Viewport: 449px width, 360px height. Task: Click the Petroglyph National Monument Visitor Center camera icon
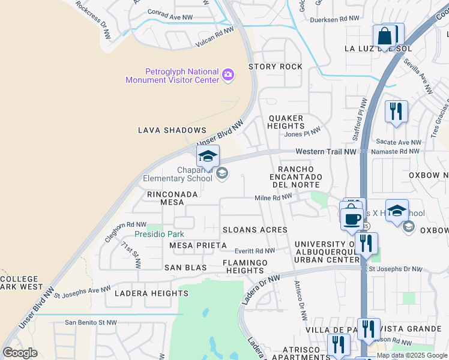[228, 74]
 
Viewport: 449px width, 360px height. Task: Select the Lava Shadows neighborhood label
[172, 130]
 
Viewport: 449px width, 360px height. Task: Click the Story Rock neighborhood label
[276, 67]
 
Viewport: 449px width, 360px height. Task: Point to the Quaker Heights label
[286, 122]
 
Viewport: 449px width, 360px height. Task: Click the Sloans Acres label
[255, 230]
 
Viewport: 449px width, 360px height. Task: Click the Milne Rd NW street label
[273, 198]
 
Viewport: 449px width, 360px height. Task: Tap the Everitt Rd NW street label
[255, 251]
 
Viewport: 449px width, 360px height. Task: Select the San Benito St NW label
[91, 322]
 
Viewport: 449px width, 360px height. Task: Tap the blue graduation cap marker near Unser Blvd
[208, 157]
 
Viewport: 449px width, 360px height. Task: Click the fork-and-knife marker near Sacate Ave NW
[396, 112]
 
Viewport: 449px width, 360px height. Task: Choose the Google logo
[20, 353]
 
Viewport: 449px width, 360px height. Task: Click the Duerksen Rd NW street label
[334, 19]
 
